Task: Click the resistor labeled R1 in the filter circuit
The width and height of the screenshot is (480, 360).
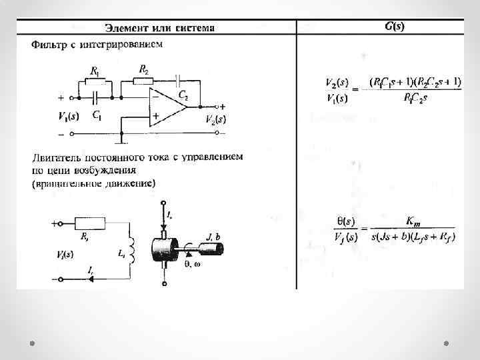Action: (x=95, y=81)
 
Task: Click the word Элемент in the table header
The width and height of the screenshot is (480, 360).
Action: (x=127, y=27)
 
